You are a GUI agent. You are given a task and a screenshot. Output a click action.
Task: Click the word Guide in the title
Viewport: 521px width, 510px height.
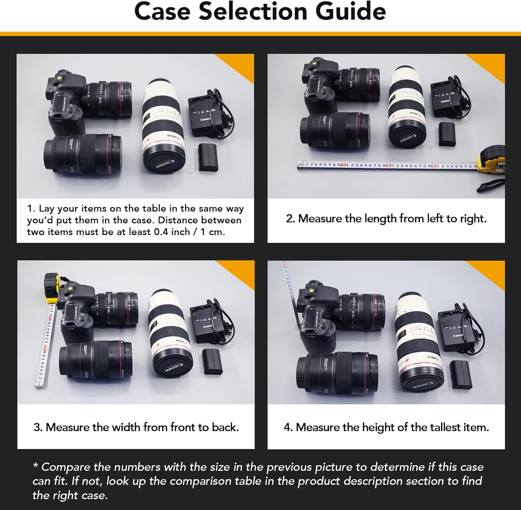coord(350,11)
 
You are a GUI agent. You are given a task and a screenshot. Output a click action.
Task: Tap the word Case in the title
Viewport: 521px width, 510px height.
coord(162,11)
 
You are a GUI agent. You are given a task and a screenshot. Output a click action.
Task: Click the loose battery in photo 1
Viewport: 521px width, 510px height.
coord(208,157)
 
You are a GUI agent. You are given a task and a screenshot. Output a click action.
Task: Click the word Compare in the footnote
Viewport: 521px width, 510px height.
coord(66,467)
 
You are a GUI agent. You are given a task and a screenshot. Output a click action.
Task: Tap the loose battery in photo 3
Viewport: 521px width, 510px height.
coord(212,362)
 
